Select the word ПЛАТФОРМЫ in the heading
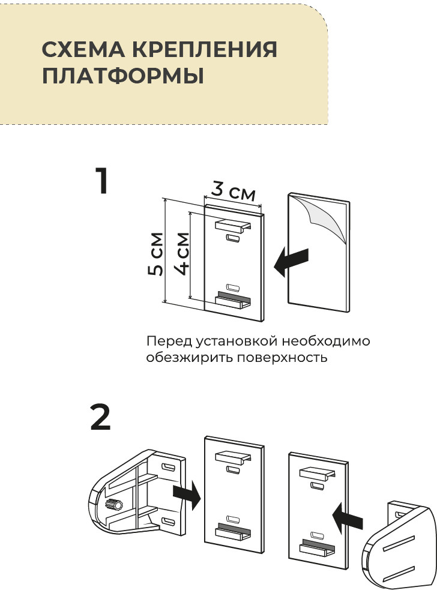(x=122, y=77)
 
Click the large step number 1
(x=103, y=181)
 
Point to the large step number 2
(x=100, y=418)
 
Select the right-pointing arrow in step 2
(x=185, y=496)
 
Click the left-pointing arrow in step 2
(x=348, y=515)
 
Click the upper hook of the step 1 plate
(x=231, y=226)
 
